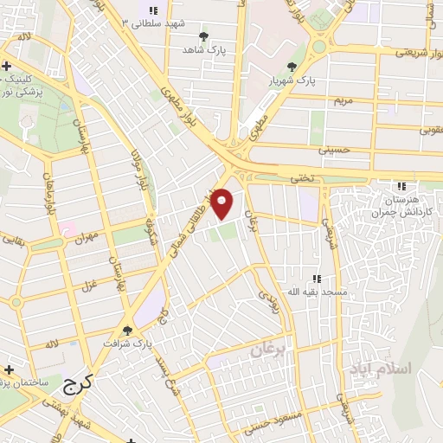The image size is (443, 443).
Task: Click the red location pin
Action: pyautogui.click(x=222, y=203)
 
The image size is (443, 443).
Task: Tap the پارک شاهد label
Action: pyautogui.click(x=203, y=51)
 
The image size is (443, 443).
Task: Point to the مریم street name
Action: pyautogui.click(x=344, y=100)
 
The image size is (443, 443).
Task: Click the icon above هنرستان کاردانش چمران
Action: pyautogui.click(x=400, y=186)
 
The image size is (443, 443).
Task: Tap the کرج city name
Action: pyautogui.click(x=78, y=382)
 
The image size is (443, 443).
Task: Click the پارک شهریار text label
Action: pyautogui.click(x=294, y=80)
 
